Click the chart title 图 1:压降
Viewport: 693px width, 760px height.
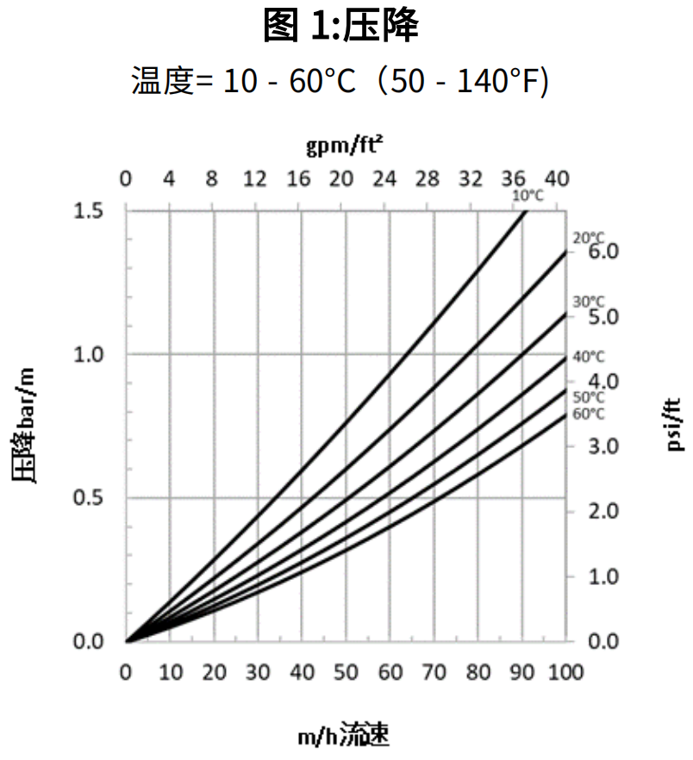(341, 27)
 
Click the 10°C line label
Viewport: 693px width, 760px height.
(528, 196)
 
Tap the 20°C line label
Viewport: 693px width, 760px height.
(589, 239)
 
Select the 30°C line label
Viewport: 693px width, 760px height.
(589, 302)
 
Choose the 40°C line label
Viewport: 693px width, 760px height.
(589, 357)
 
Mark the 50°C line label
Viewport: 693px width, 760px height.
(589, 397)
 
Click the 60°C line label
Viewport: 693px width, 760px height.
(589, 414)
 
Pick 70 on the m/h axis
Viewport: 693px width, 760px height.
(434, 671)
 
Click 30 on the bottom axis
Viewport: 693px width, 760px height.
(257, 671)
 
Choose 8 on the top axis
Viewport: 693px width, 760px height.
(212, 179)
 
